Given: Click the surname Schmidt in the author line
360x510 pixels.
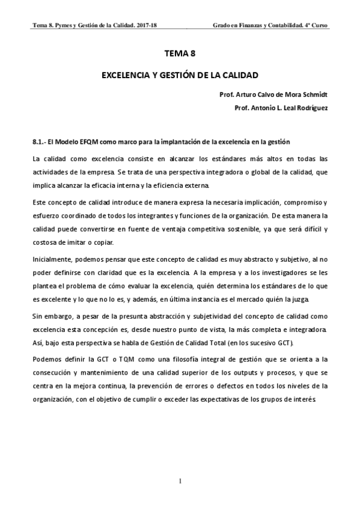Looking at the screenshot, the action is tap(314, 95).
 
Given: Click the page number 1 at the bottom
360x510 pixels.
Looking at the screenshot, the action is tap(180, 481).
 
